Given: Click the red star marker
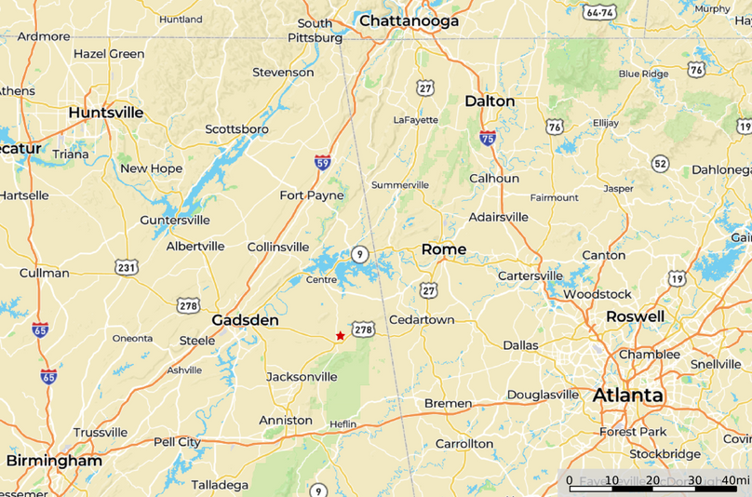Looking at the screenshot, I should [341, 336].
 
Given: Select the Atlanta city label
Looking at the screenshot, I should [628, 396].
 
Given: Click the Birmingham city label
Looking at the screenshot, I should [54, 461].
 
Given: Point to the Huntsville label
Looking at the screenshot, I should [106, 113].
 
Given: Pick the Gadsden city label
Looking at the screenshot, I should [245, 319].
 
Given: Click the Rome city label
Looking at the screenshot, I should [444, 248].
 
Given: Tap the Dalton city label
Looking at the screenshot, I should [490, 101].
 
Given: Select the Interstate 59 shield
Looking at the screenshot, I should [322, 162].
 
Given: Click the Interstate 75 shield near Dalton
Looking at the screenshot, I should [488, 138].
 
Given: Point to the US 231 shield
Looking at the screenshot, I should [127, 268].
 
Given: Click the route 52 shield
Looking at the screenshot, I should [660, 164].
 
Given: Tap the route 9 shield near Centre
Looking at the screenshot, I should [360, 254].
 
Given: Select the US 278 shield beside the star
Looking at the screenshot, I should [363, 329].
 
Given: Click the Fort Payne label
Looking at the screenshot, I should [312, 195].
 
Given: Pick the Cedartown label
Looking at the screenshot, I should [422, 319].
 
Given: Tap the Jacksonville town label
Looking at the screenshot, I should [302, 377].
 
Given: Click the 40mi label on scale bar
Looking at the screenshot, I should [735, 479].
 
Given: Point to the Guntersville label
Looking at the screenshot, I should [175, 221].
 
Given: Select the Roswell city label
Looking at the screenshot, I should [635, 316].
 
